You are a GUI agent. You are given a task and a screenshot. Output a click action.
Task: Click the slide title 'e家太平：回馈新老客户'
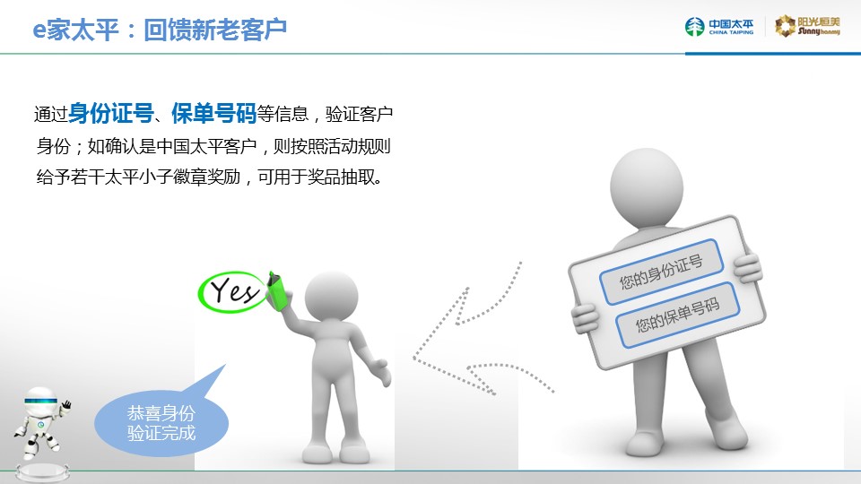160,30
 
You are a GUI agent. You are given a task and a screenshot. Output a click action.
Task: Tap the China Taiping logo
719,26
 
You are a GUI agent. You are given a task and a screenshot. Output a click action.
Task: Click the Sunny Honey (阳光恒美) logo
807,26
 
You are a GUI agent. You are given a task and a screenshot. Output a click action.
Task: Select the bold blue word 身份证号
111,113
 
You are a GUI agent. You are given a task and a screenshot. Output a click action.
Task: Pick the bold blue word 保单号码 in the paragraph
213,113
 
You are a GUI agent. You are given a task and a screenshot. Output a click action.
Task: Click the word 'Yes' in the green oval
234,290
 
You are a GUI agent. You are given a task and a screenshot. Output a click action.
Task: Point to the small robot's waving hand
65,405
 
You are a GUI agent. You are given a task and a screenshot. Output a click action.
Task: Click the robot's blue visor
40,401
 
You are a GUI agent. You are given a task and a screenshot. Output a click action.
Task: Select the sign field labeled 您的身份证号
661,272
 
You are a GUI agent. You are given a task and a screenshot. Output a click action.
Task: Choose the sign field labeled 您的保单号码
678,315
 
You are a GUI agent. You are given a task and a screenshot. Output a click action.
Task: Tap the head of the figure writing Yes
331,297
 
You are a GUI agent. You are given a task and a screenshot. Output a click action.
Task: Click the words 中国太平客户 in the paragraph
206,146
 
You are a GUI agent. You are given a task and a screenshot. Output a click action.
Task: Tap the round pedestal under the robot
42,472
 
